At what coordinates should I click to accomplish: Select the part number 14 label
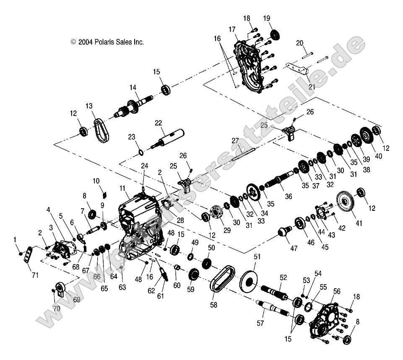(x=133, y=88)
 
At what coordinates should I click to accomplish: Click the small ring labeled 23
(x=141, y=151)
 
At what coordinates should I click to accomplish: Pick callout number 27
(x=235, y=140)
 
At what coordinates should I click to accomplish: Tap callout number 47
(x=294, y=249)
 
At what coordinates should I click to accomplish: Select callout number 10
(x=96, y=181)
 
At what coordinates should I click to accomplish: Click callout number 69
(x=76, y=300)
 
